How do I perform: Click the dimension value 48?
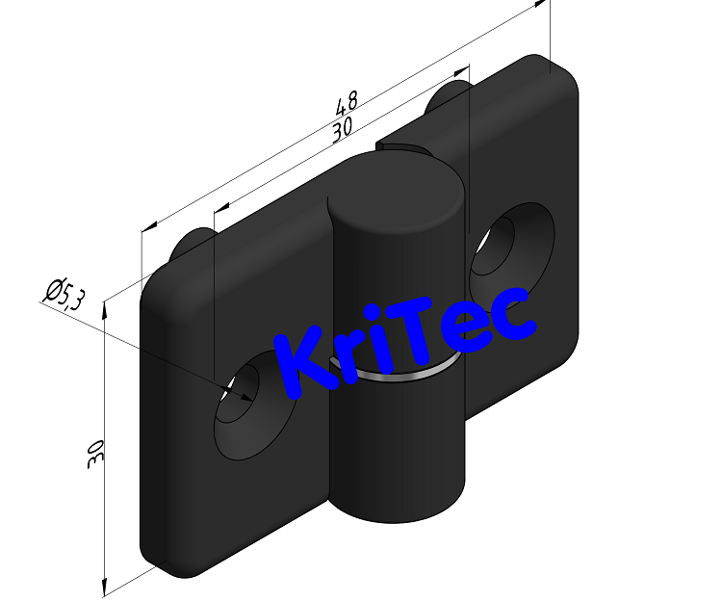(x=348, y=103)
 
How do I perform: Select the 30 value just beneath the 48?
(x=340, y=129)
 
